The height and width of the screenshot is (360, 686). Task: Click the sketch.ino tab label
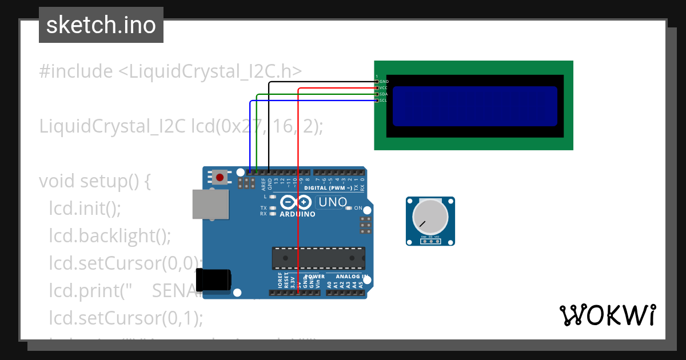(101, 25)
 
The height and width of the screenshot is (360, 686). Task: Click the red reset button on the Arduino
(220, 177)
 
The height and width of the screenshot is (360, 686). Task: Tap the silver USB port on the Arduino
(209, 204)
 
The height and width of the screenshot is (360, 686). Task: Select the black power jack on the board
(213, 280)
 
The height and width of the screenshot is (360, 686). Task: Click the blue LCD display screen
(474, 106)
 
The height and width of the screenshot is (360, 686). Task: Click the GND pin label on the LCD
(384, 82)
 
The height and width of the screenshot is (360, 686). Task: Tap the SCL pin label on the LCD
(384, 101)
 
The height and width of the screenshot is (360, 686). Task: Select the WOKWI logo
(607, 315)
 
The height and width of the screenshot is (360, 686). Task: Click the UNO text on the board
(333, 202)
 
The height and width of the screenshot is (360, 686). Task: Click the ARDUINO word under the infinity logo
(297, 214)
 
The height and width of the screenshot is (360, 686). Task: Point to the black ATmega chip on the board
(318, 258)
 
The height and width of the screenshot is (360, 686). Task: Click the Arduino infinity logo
(296, 202)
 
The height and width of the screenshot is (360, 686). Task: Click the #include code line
(170, 71)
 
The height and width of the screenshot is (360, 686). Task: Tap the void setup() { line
(94, 181)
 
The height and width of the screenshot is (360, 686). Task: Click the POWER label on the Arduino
(314, 277)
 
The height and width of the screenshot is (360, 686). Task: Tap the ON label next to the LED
(358, 208)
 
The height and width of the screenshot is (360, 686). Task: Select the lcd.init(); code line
(85, 208)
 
